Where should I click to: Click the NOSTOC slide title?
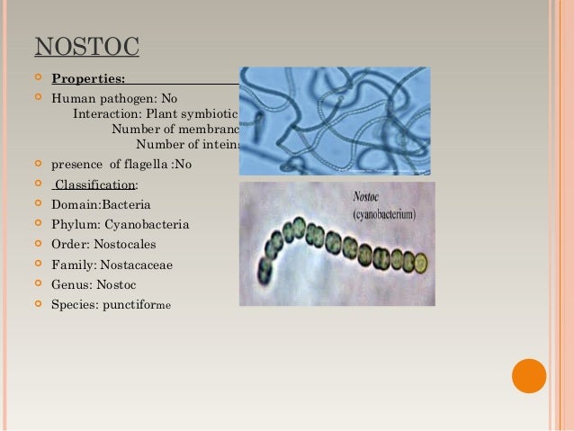[86, 46]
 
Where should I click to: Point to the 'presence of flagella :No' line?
[121, 165]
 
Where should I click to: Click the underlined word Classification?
[94, 184]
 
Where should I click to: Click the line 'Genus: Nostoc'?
[94, 284]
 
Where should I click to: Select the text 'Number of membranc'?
[175, 130]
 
